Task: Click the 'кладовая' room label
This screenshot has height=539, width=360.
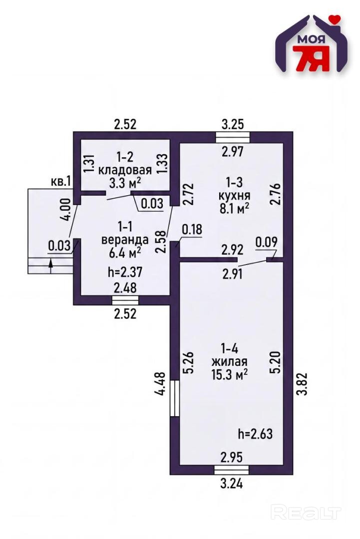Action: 125,170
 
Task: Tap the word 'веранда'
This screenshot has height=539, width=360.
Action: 125,240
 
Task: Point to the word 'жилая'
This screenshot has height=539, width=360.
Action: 229,362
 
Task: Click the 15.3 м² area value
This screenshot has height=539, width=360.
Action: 230,374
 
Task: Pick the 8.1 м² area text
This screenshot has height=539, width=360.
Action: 234,208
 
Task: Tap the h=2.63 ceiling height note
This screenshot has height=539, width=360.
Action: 256,434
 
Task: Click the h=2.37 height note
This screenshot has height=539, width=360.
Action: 125,272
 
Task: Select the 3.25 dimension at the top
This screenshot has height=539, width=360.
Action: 233,124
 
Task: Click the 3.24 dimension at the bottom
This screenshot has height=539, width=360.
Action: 232,484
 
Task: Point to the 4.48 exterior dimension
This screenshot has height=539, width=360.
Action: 161,384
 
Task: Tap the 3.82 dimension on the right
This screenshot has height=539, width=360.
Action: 302,384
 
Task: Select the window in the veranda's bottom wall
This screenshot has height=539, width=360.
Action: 125,300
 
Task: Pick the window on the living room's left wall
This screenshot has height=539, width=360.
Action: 175,398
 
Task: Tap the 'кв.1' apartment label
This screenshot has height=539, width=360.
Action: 60,182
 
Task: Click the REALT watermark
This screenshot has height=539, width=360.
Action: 306,513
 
